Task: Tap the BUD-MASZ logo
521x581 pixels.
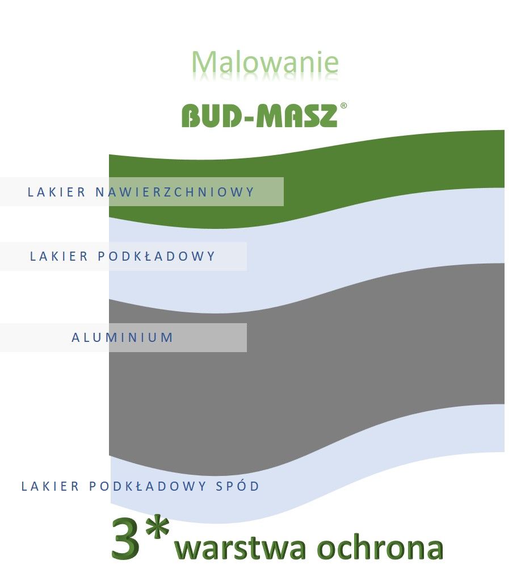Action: [x=264, y=115]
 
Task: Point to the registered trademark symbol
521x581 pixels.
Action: [x=343, y=106]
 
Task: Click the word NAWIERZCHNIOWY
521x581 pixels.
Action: [x=175, y=192]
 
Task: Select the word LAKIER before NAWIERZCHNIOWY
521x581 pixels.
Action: [x=57, y=192]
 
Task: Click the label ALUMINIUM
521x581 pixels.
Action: [x=122, y=337]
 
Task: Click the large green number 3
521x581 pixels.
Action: [x=125, y=538]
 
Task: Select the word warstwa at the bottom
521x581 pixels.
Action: [x=240, y=547]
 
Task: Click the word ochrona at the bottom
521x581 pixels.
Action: [x=380, y=547]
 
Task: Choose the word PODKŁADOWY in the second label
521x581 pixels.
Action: [x=156, y=256]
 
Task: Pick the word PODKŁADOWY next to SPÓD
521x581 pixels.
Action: [x=148, y=486]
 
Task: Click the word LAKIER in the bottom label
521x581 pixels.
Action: [x=50, y=486]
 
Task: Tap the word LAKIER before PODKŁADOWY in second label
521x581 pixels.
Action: [x=59, y=256]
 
